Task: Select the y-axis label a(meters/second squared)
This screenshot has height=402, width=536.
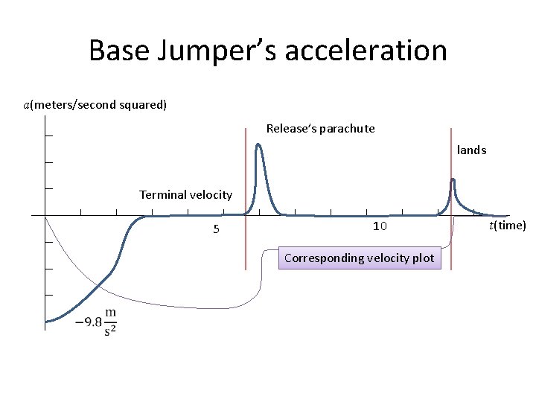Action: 95,104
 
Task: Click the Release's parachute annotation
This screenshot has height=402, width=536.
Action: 320,129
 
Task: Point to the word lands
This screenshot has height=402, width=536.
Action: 471,150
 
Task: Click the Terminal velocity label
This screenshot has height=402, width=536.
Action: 185,194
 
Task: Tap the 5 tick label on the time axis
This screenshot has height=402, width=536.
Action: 216,229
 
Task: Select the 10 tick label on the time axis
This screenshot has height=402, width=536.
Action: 380,226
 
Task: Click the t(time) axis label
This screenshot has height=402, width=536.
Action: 507,226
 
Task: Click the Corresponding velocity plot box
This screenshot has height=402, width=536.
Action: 359,258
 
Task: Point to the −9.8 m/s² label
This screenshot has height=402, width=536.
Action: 96,322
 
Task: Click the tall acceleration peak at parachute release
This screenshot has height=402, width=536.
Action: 258,146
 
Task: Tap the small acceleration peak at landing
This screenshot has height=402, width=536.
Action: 453,181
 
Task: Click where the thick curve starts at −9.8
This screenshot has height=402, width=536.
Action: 47,322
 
